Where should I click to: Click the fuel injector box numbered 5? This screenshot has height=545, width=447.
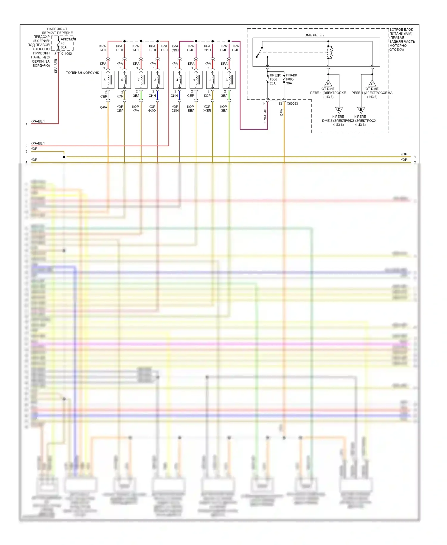pos(108,80)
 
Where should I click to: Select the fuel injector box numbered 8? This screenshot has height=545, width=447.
pos(157,80)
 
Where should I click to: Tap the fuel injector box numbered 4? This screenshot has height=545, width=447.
pos(179,80)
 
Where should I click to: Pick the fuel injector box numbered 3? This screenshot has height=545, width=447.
pos(229,80)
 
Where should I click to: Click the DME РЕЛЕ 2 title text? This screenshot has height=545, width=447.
pos(314,35)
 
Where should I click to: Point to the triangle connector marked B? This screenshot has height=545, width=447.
pos(328,83)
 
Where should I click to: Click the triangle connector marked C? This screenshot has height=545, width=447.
pos(372,83)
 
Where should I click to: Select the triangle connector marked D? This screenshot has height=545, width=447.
pos(339,110)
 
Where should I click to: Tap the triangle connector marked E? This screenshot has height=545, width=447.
pos(361,110)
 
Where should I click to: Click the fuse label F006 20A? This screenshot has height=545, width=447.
pos(273,81)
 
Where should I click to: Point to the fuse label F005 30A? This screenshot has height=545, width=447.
pos(290,81)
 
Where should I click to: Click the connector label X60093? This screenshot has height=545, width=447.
pos(292,103)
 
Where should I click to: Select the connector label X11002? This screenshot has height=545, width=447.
pos(66,54)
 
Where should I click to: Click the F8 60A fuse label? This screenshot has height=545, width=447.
pos(63,45)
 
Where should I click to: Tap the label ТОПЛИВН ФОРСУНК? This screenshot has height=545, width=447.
pos(82,73)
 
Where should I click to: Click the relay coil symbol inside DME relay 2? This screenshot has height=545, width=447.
pos(329,52)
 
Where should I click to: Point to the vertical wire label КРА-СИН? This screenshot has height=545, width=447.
pos(265,116)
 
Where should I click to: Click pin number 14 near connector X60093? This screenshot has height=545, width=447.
pos(264,103)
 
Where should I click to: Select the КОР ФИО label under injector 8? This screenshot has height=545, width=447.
pos(152,109)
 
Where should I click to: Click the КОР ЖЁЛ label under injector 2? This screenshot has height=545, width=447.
pos(207,109)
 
